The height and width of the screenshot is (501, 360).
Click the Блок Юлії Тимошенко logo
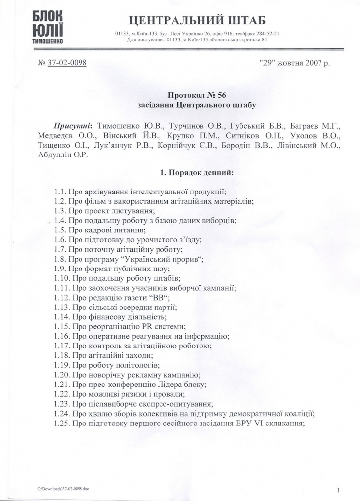tap(49, 29)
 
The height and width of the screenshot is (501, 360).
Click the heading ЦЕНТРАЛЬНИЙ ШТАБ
tap(197, 20)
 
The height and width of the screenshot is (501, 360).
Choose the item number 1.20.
tap(62, 375)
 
